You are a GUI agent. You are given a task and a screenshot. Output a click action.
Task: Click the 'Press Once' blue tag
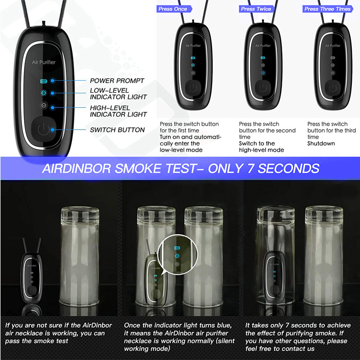pyautogui.click(x=174, y=9)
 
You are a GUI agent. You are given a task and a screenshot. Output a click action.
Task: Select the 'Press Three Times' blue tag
pyautogui.click(x=328, y=9)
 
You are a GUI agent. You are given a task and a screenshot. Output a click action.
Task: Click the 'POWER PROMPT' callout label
pyautogui.click(x=117, y=81)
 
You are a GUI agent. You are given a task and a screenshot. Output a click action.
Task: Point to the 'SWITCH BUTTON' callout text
pyautogui.click(x=117, y=130)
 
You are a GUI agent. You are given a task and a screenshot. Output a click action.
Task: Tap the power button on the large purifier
pyautogui.click(x=43, y=129)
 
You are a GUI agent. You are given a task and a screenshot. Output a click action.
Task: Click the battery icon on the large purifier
pyautogui.click(x=43, y=81)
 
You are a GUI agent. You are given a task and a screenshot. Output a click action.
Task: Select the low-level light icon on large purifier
pyautogui.click(x=43, y=93)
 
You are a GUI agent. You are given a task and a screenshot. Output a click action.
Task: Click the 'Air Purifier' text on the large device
pyautogui.click(x=44, y=62)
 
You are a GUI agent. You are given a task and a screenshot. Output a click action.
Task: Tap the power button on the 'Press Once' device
pyautogui.click(x=193, y=87)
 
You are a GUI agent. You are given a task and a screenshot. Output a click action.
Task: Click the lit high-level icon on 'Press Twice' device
pyautogui.click(x=263, y=73)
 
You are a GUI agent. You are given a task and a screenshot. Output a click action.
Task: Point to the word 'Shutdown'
pyautogui.click(x=321, y=144)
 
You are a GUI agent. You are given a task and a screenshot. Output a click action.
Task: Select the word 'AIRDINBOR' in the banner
pyautogui.click(x=76, y=168)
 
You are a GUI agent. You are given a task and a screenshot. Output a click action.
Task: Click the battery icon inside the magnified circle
pyautogui.click(x=177, y=248)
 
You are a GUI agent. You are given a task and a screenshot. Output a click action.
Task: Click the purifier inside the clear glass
pyautogui.click(x=275, y=276)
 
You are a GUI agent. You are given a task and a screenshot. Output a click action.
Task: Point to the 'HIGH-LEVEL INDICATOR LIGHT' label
pyautogui.click(x=118, y=111)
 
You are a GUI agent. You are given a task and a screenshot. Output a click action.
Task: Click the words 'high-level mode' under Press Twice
pyautogui.click(x=261, y=150)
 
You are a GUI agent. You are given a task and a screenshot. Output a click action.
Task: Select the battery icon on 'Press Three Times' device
pyautogui.click(x=333, y=58)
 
